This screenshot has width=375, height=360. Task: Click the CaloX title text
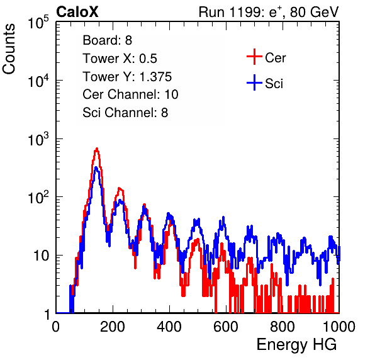pyautogui.click(x=77, y=12)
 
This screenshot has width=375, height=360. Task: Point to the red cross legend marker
pyautogui.click(x=254, y=57)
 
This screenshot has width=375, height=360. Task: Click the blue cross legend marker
pyautogui.click(x=254, y=82)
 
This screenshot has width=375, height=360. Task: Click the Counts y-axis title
pyautogui.click(x=9, y=49)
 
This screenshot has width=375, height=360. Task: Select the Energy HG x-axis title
pyautogui.click(x=296, y=345)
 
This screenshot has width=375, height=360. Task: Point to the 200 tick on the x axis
pyautogui.click(x=113, y=327)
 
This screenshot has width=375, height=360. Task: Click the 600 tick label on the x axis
pyautogui.click(x=226, y=327)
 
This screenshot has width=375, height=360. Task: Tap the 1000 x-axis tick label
pyautogui.click(x=339, y=327)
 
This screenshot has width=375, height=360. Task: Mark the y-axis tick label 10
pyautogui.click(x=41, y=256)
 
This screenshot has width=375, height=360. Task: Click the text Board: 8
pyautogui.click(x=107, y=40)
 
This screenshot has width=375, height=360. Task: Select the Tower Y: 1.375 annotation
pyautogui.click(x=127, y=77)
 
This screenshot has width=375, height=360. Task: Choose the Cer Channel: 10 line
pyautogui.click(x=130, y=94)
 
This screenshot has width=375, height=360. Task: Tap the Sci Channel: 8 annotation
pyautogui.click(x=125, y=113)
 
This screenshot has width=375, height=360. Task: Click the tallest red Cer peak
pyautogui.click(x=97, y=149)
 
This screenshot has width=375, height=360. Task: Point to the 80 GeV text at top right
pyautogui.click(x=314, y=12)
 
